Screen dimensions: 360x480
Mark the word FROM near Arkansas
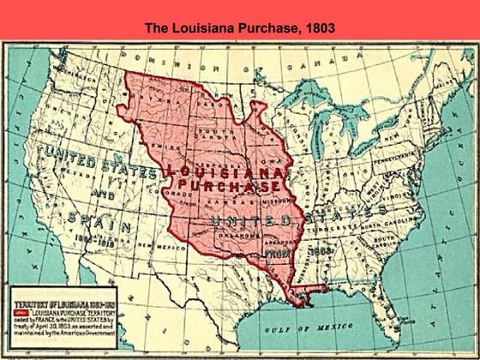[x=274, y=254]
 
